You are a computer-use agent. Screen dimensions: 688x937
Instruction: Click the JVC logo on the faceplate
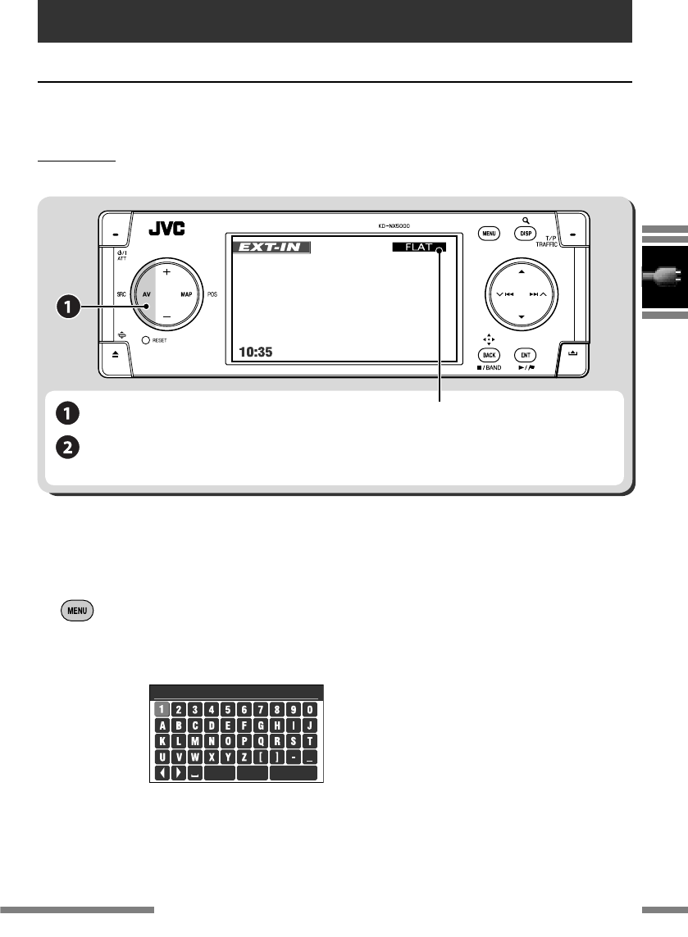coord(166,229)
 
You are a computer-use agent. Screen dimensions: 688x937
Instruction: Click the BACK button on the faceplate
coord(490,355)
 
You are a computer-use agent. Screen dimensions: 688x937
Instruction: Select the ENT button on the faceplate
coord(526,355)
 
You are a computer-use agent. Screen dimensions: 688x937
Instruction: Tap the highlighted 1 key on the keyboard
coord(162,710)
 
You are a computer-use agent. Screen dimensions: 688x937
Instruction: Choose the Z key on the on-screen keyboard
coord(244,757)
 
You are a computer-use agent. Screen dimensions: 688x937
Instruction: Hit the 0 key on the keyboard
coord(310,710)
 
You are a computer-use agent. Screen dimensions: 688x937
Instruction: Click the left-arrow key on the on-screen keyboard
coord(162,773)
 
